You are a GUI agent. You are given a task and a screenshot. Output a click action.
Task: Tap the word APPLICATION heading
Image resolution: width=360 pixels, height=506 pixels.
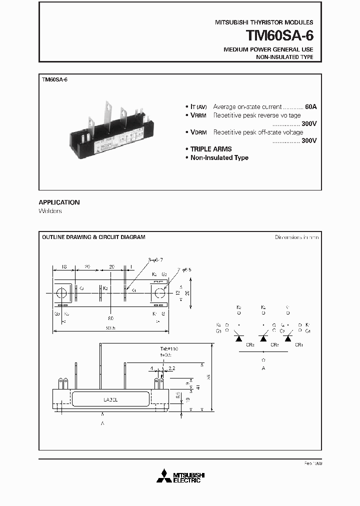pyautogui.click(x=59, y=202)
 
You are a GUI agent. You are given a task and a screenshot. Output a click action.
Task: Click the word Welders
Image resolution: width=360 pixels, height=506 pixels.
pyautogui.click(x=50, y=211)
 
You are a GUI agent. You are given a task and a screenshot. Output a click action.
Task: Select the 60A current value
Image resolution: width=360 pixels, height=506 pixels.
pyautogui.click(x=310, y=107)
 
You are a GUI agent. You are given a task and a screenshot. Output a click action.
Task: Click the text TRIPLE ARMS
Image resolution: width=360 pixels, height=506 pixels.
pyautogui.click(x=211, y=149)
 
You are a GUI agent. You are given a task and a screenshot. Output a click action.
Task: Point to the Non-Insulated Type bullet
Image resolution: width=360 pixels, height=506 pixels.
pyautogui.click(x=219, y=157)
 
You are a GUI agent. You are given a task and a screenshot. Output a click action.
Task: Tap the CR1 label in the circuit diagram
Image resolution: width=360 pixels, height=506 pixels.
pyautogui.click(x=299, y=344)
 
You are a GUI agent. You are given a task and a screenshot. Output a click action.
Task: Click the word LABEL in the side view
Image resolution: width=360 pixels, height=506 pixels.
pyautogui.click(x=110, y=400)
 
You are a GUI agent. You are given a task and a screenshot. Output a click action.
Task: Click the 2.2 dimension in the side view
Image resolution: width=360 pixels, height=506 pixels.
pyautogui.click(x=172, y=368)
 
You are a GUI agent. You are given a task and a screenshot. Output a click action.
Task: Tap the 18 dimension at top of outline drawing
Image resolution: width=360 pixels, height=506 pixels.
pyautogui.click(x=64, y=266)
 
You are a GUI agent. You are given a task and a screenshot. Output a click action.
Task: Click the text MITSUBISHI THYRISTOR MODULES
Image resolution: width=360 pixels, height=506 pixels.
pyautogui.click(x=264, y=22)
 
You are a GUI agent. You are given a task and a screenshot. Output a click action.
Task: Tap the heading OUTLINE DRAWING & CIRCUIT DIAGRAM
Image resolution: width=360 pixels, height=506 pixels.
pyautogui.click(x=93, y=237)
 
